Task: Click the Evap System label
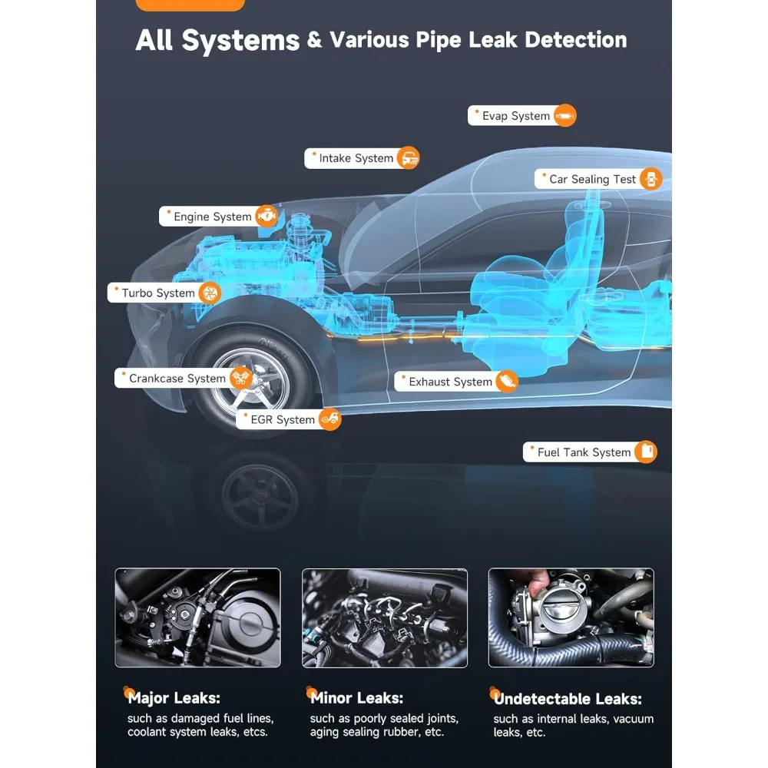click(x=515, y=116)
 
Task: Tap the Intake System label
click(x=356, y=158)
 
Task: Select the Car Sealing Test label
click(x=592, y=179)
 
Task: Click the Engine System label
click(x=212, y=217)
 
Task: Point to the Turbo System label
click(x=158, y=293)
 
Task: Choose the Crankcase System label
click(x=177, y=378)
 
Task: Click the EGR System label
click(x=282, y=419)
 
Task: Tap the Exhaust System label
click(x=450, y=382)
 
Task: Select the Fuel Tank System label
click(x=584, y=452)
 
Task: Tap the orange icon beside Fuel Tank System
click(x=647, y=452)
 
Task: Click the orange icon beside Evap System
click(x=564, y=116)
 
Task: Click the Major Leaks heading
click(x=174, y=698)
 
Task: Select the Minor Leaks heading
click(x=356, y=698)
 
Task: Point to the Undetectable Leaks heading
click(x=568, y=699)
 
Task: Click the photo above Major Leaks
click(x=197, y=617)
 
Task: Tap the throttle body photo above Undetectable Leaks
click(x=571, y=617)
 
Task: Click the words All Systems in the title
click(x=217, y=40)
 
